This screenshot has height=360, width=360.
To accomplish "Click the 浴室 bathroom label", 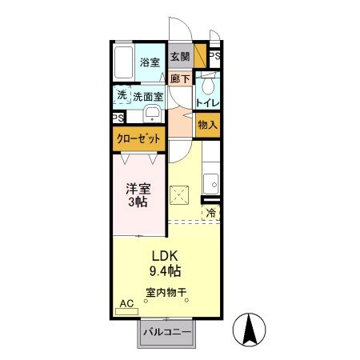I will [150, 62].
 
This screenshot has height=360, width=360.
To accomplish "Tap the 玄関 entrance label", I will [180, 57].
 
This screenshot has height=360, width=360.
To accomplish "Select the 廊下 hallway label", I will [180, 78].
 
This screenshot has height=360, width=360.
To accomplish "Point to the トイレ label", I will [210, 102].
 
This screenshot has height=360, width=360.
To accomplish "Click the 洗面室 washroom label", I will [149, 96].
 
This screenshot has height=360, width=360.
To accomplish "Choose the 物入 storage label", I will [209, 125].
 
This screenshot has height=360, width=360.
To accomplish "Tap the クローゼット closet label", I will [138, 139].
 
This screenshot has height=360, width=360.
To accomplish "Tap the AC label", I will [126, 304].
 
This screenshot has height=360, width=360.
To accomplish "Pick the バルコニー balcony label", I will [166, 331].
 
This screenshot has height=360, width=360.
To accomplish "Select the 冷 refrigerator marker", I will [211, 213].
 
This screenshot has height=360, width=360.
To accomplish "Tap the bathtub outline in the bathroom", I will [124, 62].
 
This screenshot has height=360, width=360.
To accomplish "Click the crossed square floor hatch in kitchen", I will [180, 193].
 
